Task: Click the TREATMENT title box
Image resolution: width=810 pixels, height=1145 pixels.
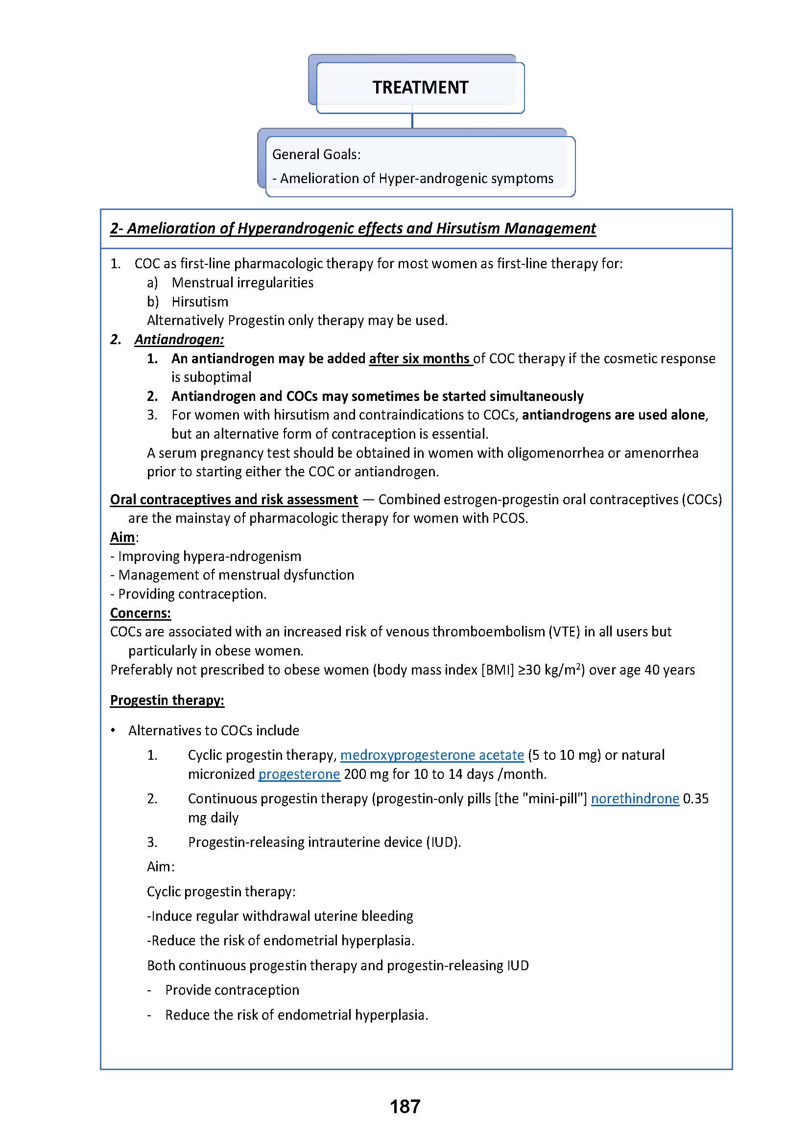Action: coord(420,87)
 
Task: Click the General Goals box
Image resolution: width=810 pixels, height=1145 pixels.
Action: coord(420,166)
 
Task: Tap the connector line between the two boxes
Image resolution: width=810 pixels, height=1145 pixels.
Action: coord(412,121)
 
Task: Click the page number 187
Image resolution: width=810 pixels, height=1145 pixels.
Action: coord(405,1106)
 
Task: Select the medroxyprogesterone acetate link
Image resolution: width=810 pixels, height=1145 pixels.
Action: coord(432,755)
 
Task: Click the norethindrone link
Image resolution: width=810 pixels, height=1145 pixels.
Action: coord(635,798)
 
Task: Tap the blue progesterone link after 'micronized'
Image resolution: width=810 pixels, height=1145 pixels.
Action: coord(299,774)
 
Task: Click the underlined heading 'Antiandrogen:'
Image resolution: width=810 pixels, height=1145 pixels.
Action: coord(179,340)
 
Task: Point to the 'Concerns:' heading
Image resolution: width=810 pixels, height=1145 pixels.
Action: coord(141,613)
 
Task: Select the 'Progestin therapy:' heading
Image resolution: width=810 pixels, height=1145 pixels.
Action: coord(167,700)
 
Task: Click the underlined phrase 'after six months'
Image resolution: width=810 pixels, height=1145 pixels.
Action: coord(420,358)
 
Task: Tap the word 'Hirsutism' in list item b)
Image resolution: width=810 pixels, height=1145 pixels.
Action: coord(200,302)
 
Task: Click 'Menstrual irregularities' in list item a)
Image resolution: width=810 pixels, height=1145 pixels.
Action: coord(242,283)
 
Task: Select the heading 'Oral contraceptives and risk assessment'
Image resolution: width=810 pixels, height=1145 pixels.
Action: coord(234,500)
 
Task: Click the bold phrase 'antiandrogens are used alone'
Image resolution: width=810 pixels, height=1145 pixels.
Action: coord(614,415)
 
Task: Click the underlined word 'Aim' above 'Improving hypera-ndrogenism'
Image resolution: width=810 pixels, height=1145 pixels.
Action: coord(123,537)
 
